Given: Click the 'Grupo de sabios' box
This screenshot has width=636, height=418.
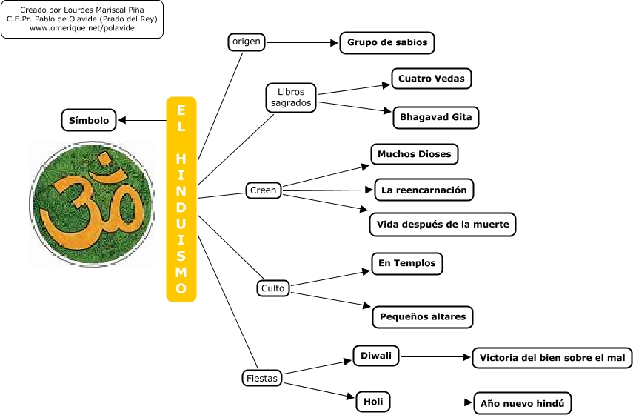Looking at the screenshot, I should point(387,42).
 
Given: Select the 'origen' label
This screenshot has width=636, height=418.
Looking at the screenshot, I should point(247,42).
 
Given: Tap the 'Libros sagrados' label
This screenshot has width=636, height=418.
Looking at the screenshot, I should point(291,98).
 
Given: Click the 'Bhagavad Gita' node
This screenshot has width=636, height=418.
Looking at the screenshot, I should point(436,117).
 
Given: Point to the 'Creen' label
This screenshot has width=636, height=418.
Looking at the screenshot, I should point(264,190).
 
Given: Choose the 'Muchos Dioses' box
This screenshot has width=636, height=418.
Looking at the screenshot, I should point(415,154).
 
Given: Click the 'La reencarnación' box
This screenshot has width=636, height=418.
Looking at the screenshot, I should point(424,190).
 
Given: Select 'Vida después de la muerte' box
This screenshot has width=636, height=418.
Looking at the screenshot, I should point(442,224).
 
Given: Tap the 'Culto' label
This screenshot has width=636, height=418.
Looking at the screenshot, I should point(272,288).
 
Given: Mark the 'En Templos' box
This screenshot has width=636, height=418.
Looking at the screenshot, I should point(407,263).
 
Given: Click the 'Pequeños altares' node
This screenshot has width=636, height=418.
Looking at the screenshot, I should point(423,317).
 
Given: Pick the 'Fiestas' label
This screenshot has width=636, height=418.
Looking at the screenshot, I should point(262,378).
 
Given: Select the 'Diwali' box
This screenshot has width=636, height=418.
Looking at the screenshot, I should point(376,356).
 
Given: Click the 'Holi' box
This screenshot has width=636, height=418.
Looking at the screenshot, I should point(373,402).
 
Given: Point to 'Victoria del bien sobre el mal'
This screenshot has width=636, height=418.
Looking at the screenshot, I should point(552,358).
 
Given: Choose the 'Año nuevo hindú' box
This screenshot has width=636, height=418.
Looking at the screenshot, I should point(523,404).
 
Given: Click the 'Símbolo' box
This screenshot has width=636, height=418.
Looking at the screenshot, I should point(89,120).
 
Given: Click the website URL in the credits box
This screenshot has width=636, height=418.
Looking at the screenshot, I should point(82,27).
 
